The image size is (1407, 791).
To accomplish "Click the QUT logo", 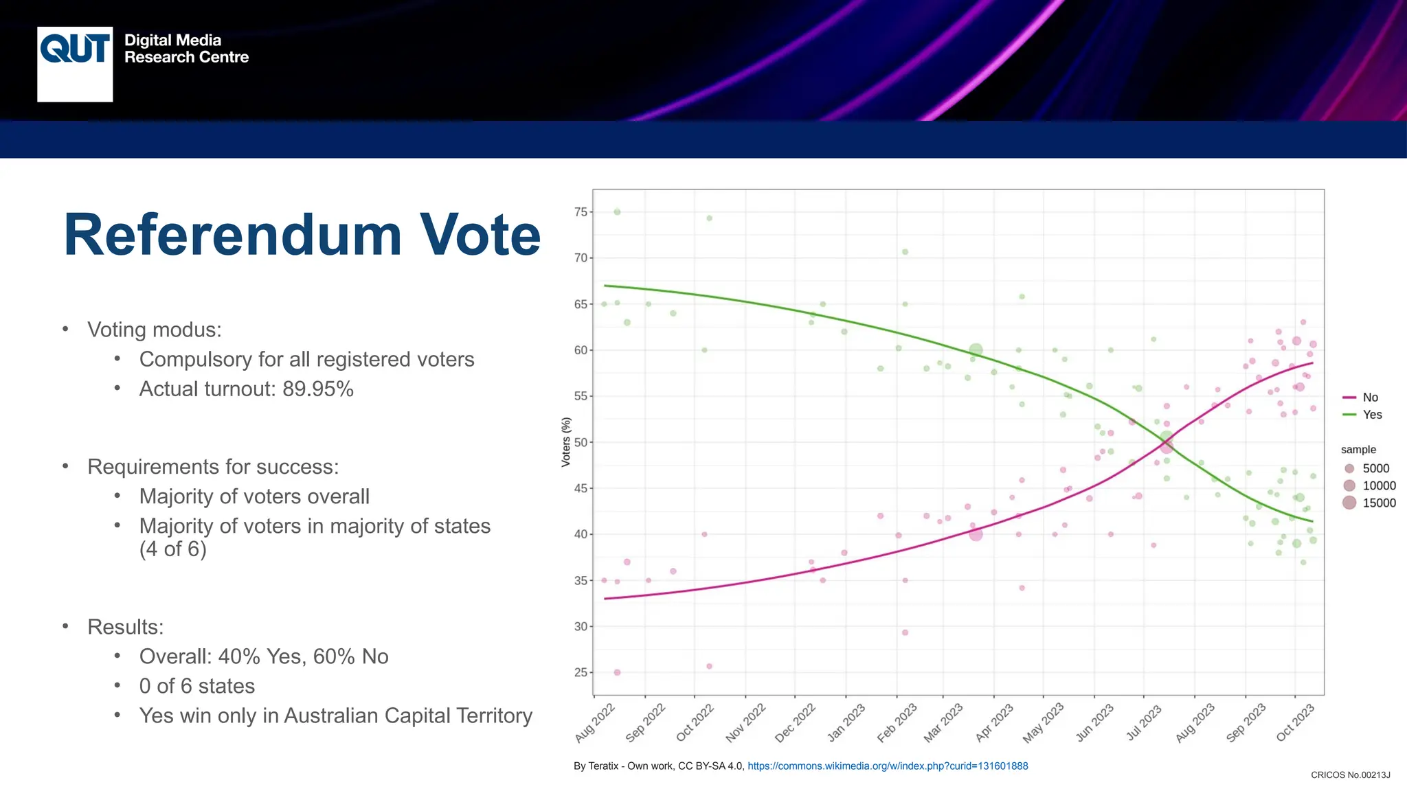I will (75, 64).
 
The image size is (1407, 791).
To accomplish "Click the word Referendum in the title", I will (232, 235).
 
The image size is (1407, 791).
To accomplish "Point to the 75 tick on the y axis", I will (581, 212).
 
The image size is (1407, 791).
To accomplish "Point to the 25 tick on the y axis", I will (581, 673).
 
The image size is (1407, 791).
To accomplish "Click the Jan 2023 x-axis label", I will (846, 723).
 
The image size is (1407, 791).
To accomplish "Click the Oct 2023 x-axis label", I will (1295, 723).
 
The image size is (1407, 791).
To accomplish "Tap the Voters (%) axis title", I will (566, 442).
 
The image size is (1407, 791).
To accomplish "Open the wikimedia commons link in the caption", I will (888, 766).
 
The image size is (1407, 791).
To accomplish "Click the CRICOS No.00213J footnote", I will (1350, 775).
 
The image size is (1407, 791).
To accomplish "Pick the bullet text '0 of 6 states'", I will (197, 687).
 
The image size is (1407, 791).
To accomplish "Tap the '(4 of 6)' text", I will (172, 549).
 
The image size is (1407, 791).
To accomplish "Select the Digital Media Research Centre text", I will (186, 49).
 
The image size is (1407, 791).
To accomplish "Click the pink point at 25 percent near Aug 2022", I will (617, 672).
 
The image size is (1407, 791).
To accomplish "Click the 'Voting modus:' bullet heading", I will (155, 330).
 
